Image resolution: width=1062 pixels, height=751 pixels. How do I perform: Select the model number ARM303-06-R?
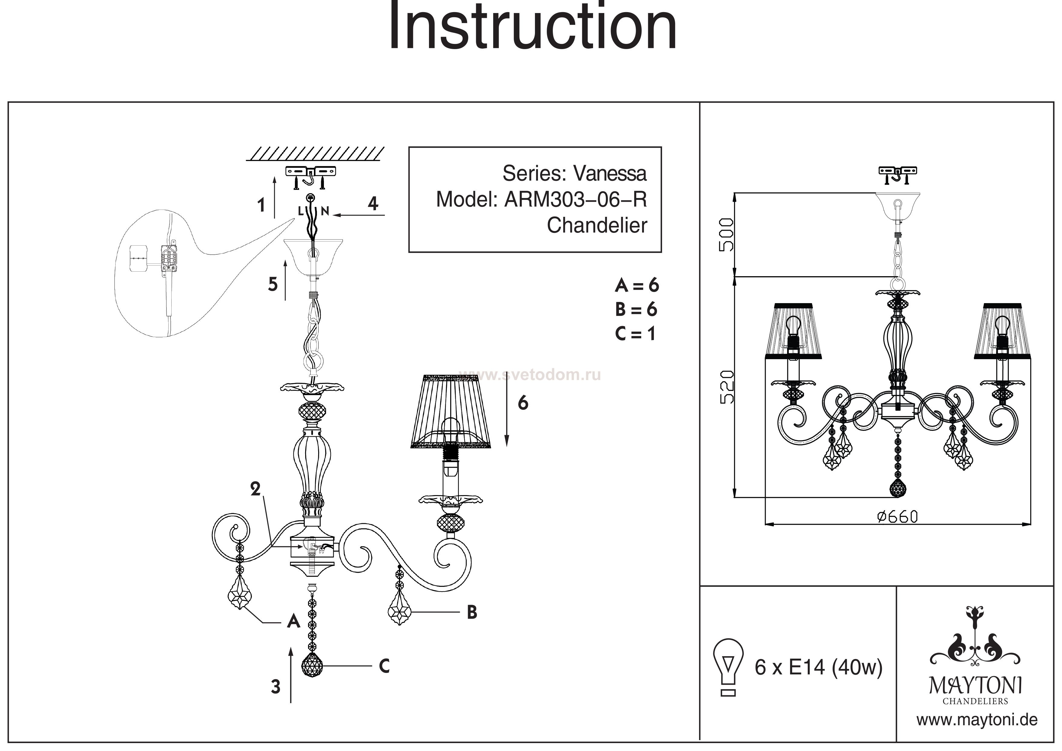tap(576, 200)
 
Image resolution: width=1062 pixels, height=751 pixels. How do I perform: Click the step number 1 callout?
tap(261, 205)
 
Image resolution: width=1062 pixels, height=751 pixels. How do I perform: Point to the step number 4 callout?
tap(373, 203)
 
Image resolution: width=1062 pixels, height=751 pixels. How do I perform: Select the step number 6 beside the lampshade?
tap(523, 403)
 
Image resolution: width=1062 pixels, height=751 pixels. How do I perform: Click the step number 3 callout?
tap(276, 687)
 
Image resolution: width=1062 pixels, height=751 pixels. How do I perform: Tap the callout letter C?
tap(384, 666)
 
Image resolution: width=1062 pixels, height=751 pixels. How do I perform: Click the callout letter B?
tap(472, 612)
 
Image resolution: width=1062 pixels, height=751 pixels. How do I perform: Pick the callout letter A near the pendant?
tap(293, 621)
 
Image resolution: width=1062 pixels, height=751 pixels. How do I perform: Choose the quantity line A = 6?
tap(636, 286)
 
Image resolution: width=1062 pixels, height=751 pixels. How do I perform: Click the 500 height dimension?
tap(726, 235)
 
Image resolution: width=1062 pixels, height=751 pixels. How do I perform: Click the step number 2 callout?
tap(255, 489)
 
